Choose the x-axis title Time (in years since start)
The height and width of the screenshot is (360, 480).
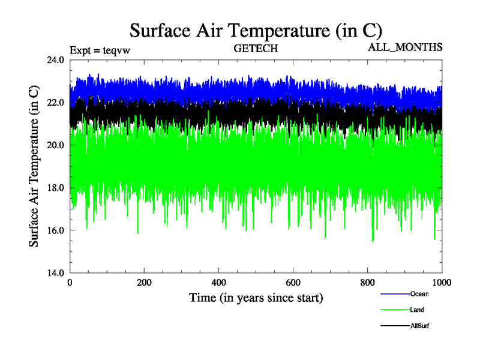click(256, 298)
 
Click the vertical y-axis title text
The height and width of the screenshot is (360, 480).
click(35, 166)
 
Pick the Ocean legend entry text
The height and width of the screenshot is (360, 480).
click(419, 294)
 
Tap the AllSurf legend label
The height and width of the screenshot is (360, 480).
click(420, 325)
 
